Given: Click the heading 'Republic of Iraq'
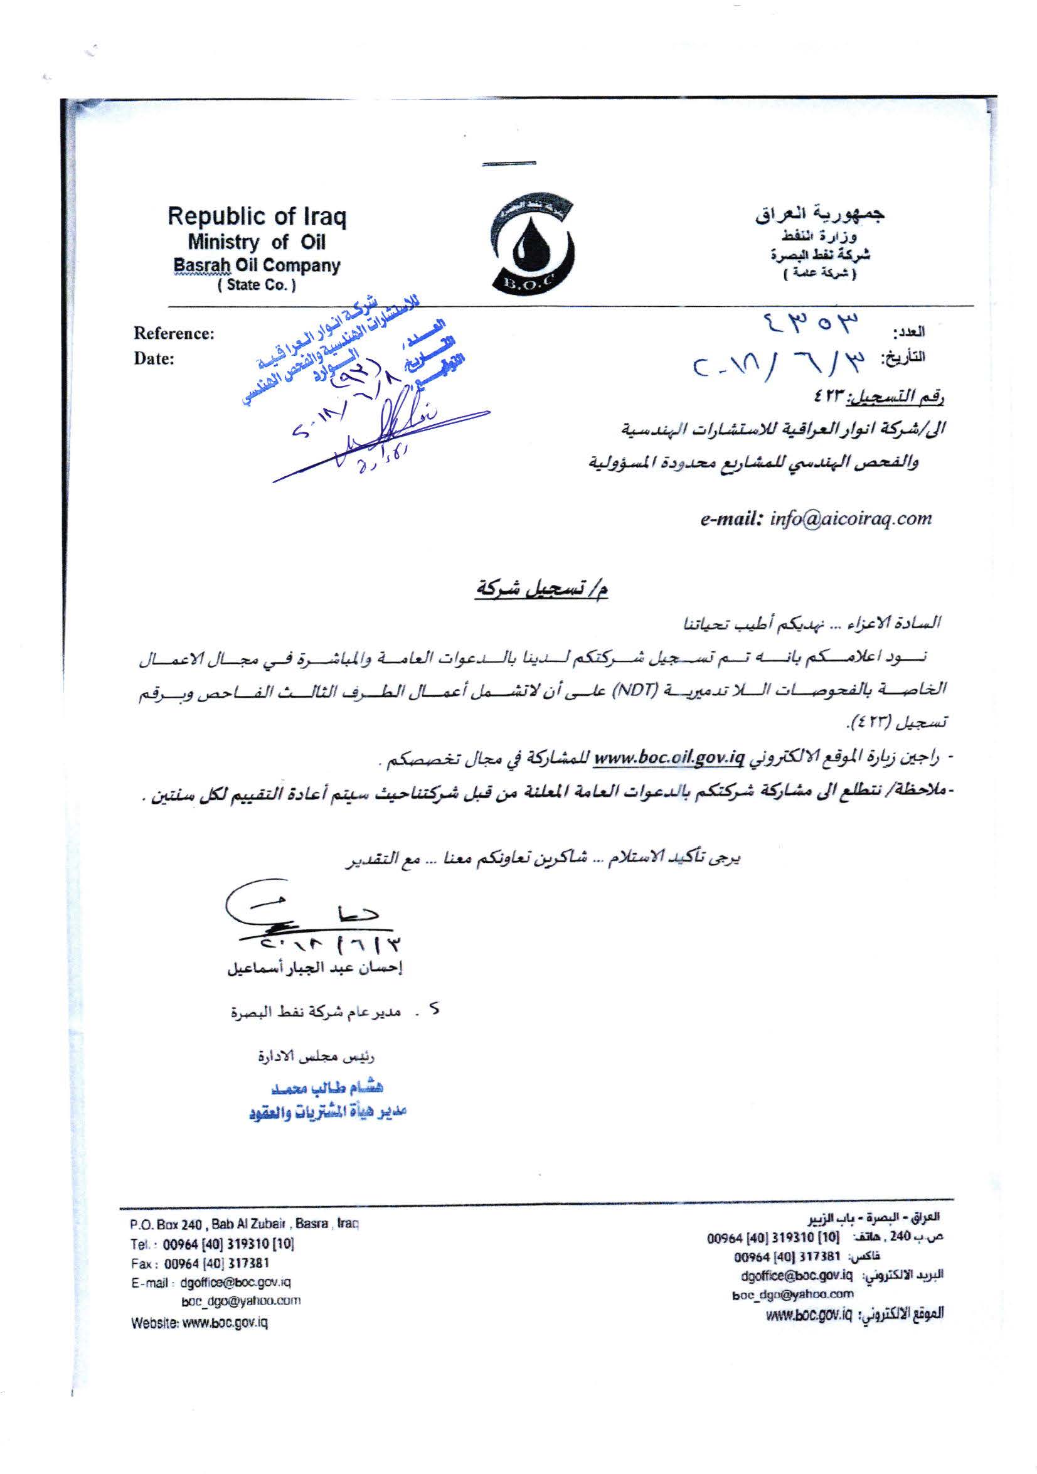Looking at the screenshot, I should click(257, 216).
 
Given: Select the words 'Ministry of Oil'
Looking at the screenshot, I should click(256, 242).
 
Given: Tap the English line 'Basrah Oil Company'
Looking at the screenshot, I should click(257, 265).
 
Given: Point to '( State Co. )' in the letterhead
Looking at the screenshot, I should click(257, 285).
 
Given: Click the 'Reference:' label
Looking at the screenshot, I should click(174, 334).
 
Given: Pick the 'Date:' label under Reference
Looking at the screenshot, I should click(154, 359).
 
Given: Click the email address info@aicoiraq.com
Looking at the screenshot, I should click(850, 519).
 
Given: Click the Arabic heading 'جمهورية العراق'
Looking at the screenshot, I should click(820, 215).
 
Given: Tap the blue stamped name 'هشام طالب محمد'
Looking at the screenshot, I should click(328, 1088).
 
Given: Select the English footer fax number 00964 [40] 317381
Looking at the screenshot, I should click(217, 1263).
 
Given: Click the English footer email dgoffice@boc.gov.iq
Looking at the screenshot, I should click(235, 1282).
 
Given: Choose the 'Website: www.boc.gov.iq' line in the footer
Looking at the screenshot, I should click(199, 1323).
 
